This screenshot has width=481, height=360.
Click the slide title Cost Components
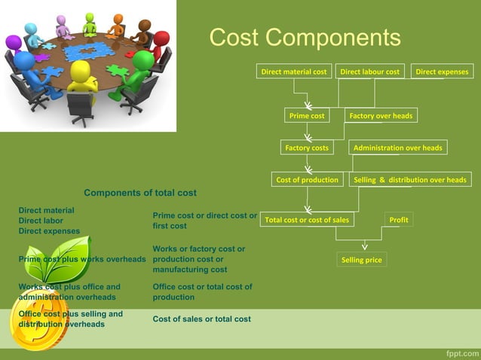(305, 37)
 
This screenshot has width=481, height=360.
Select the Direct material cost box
(293, 72)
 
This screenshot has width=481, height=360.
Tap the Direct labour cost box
(369, 72)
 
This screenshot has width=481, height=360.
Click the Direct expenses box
(442, 72)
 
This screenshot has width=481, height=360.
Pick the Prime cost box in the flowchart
(307, 116)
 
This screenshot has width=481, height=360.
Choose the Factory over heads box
(381, 116)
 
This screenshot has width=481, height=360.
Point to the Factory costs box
(306, 148)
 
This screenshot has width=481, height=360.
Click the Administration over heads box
(397, 148)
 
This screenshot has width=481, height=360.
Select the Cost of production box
(306, 180)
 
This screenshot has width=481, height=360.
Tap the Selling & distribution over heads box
(409, 180)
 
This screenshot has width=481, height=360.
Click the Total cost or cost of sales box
(306, 220)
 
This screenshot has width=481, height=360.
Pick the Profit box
(398, 220)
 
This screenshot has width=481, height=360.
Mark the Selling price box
(361, 260)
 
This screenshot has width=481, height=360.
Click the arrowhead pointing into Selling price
(365, 246)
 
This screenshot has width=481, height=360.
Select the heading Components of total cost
(140, 193)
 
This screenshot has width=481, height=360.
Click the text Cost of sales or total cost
(201, 319)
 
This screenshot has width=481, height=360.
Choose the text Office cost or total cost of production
(202, 292)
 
